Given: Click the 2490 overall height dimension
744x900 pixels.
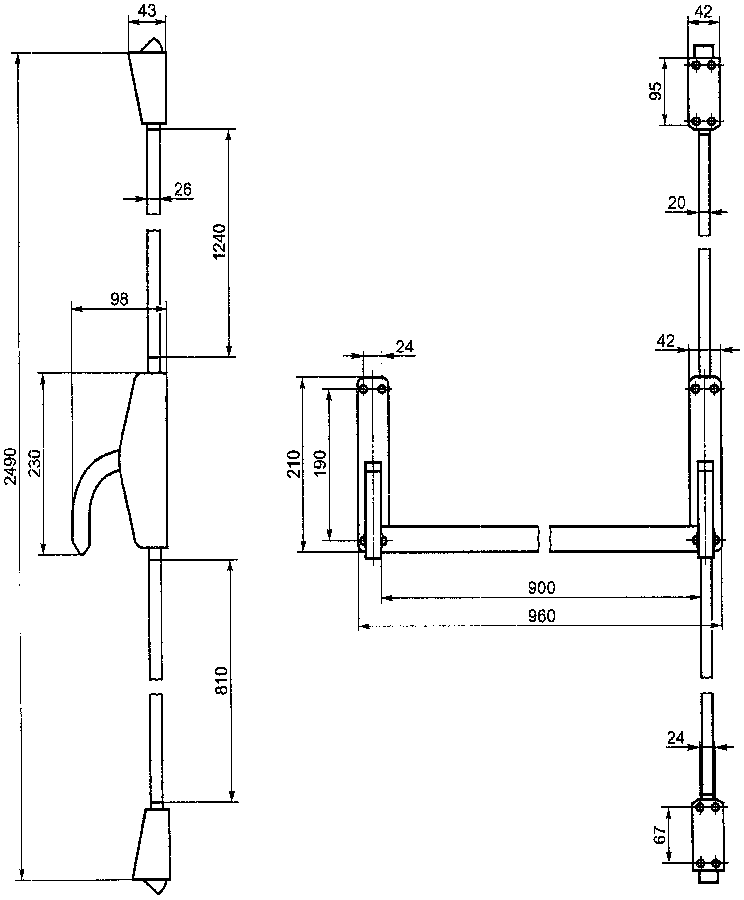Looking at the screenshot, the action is pos(12,467).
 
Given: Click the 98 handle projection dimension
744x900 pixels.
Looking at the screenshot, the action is pos(119,299).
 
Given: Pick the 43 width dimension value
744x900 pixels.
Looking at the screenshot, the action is pos(147,10).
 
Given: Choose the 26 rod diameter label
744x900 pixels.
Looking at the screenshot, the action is pos(182,189).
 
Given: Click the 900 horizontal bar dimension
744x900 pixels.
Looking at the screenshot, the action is pos(542,588).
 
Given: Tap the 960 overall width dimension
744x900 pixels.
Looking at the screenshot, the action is pos(542,616).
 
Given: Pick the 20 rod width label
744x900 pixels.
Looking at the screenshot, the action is pos(677,202).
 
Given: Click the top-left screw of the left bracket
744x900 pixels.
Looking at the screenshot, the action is pos(363,389).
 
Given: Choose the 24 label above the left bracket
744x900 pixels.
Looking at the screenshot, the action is pos(404,347).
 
